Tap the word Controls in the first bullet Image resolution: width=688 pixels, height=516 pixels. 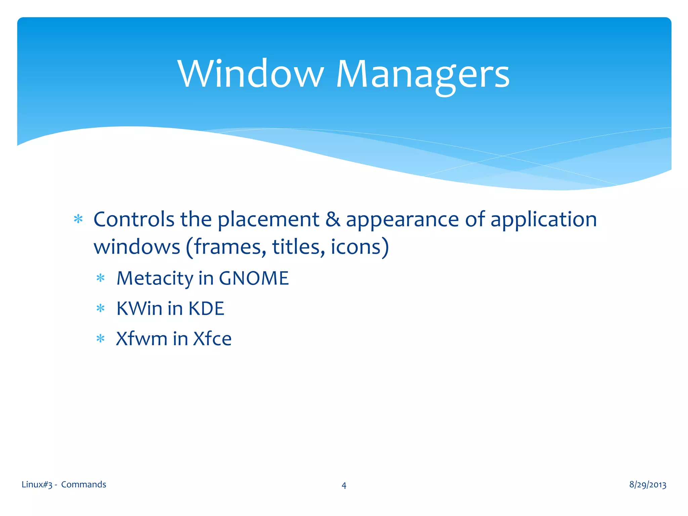point(134,219)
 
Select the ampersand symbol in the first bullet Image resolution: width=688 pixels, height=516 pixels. point(333,219)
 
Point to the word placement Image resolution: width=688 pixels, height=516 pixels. point(268,220)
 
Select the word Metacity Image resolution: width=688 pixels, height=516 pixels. point(155,278)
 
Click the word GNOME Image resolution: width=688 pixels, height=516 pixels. point(254,278)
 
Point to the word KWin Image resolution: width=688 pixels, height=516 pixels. point(139,308)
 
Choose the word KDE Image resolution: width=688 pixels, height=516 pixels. point(206,308)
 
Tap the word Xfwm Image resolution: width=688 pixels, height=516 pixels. point(141,339)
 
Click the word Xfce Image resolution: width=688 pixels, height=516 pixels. point(212,339)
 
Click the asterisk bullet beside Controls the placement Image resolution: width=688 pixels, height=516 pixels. point(78,219)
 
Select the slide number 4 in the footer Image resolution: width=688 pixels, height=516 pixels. point(344,485)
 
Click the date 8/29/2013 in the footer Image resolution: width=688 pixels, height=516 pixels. point(647,484)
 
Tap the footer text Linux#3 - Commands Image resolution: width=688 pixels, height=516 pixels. point(64,484)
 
